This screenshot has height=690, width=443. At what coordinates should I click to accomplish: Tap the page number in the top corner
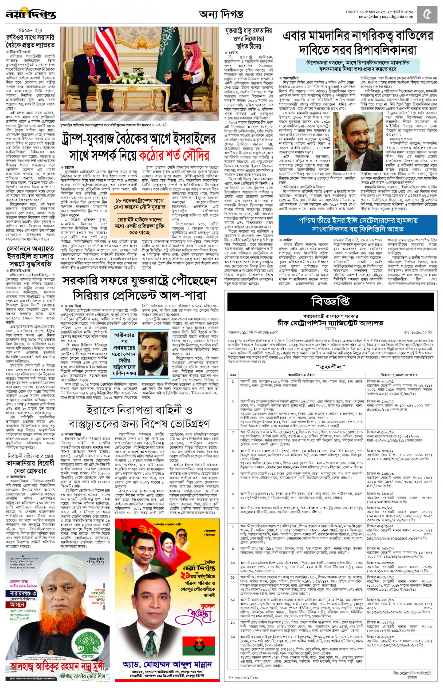(428, 14)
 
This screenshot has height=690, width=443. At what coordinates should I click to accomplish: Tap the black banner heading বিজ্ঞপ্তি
(330, 302)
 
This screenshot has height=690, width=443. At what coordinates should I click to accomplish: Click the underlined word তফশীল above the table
(330, 367)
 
